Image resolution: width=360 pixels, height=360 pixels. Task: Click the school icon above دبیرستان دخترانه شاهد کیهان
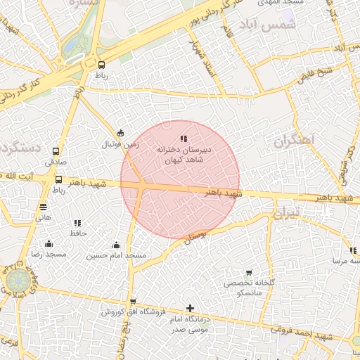184,139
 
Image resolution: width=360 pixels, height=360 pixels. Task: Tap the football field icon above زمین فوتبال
120,134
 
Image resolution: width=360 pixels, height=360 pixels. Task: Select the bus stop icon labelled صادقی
58,150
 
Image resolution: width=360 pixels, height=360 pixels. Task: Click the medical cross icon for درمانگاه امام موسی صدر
190,308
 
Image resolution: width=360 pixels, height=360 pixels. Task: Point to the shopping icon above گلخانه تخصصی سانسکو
248,273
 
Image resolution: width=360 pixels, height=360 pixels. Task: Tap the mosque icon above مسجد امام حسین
116,245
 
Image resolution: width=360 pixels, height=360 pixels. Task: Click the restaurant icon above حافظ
77,222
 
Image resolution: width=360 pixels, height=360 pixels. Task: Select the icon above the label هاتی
44,207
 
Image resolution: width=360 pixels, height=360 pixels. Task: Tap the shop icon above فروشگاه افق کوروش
133,302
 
